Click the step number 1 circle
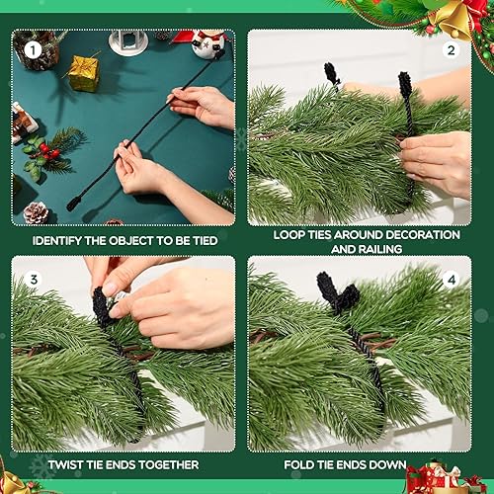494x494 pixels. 32,48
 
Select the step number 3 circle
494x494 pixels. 32,280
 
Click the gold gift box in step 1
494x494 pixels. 83,73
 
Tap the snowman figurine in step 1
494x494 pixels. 208,43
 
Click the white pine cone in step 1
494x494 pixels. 37,211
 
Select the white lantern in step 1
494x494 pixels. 127,40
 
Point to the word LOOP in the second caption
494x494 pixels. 292,235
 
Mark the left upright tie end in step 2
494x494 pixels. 332,76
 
